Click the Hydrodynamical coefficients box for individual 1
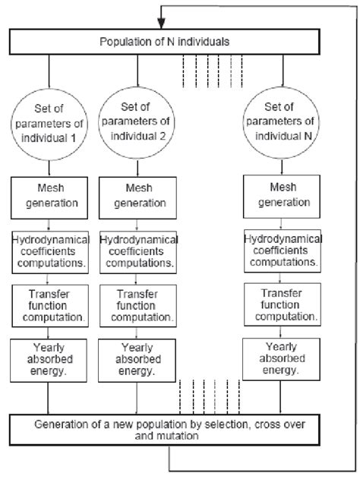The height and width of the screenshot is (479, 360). pos(49,251)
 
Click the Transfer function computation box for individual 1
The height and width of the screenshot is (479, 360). pos(49,304)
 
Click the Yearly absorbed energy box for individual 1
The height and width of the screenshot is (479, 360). pos(49,359)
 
